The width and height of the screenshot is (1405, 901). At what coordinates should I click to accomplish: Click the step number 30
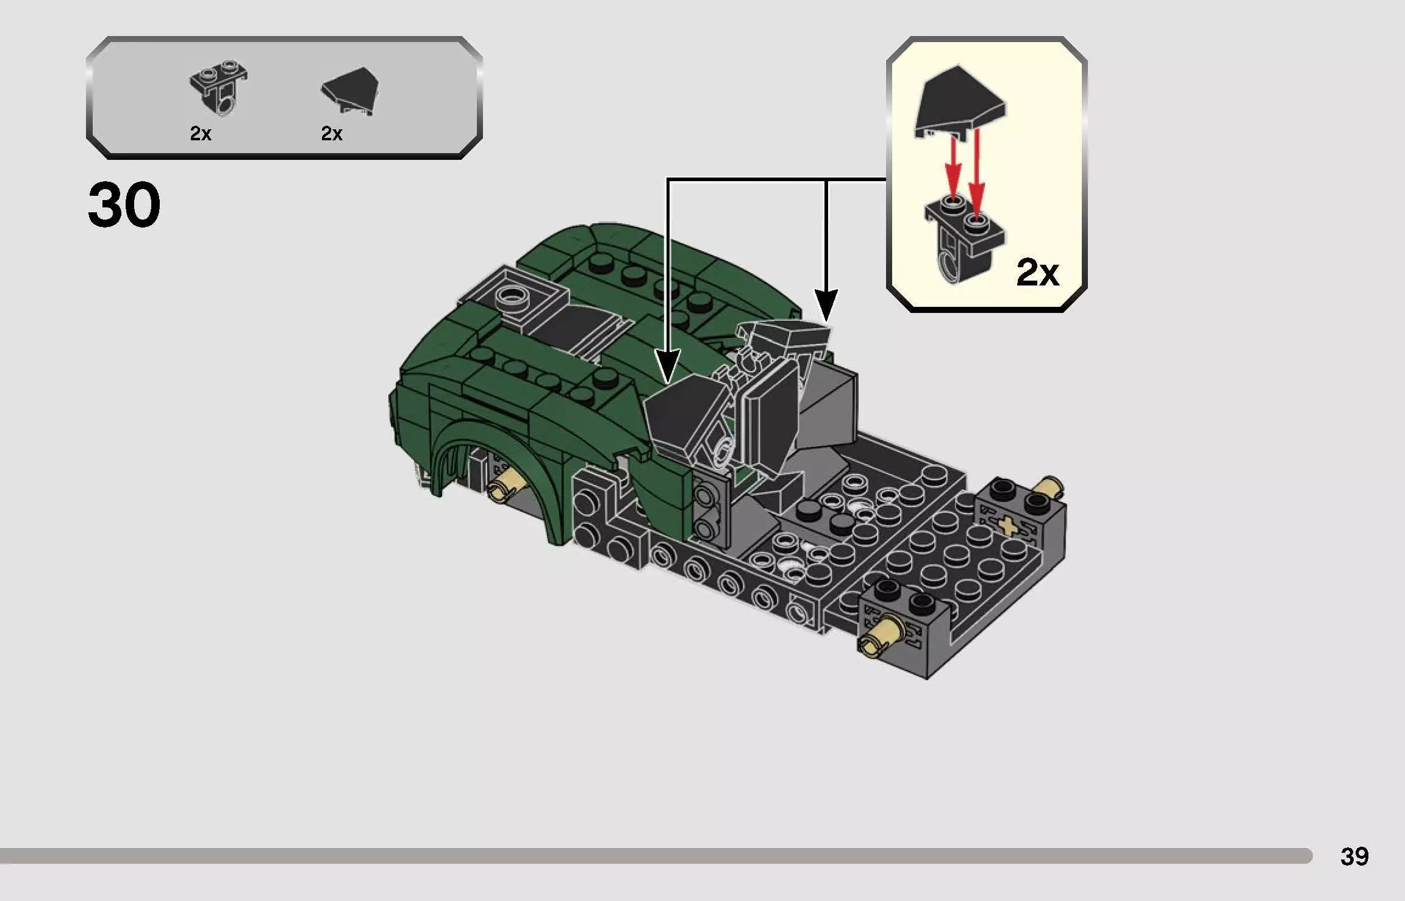[124, 205]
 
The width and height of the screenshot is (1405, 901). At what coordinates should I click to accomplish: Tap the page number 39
[1354, 856]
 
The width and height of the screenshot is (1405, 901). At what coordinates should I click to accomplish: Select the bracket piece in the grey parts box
[220, 88]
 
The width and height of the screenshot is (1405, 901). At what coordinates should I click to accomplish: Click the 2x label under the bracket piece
[201, 134]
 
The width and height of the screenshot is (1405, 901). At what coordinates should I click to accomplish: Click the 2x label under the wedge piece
[332, 134]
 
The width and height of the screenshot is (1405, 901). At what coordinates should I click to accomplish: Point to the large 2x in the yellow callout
[1037, 272]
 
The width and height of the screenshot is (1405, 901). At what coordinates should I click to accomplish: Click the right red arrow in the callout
[977, 171]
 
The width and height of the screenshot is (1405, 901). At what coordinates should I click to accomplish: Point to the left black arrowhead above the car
[668, 365]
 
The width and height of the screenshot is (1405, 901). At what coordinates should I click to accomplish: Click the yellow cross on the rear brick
[1007, 525]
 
